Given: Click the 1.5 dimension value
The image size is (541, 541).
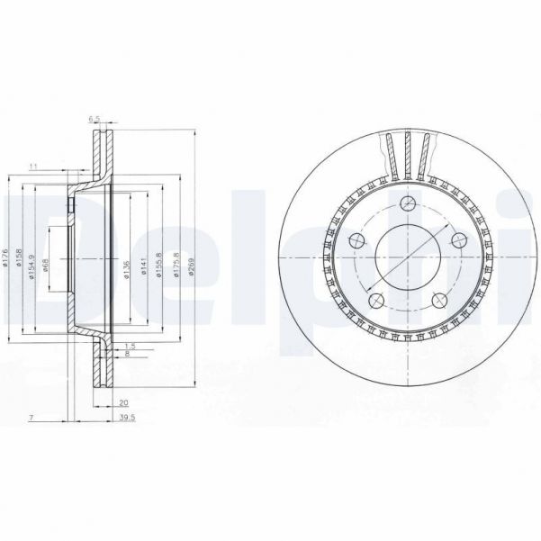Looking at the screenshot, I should pos(131,346).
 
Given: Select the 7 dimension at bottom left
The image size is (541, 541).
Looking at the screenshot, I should pos(30,418).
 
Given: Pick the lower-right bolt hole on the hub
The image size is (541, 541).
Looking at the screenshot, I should pos(439,301).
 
